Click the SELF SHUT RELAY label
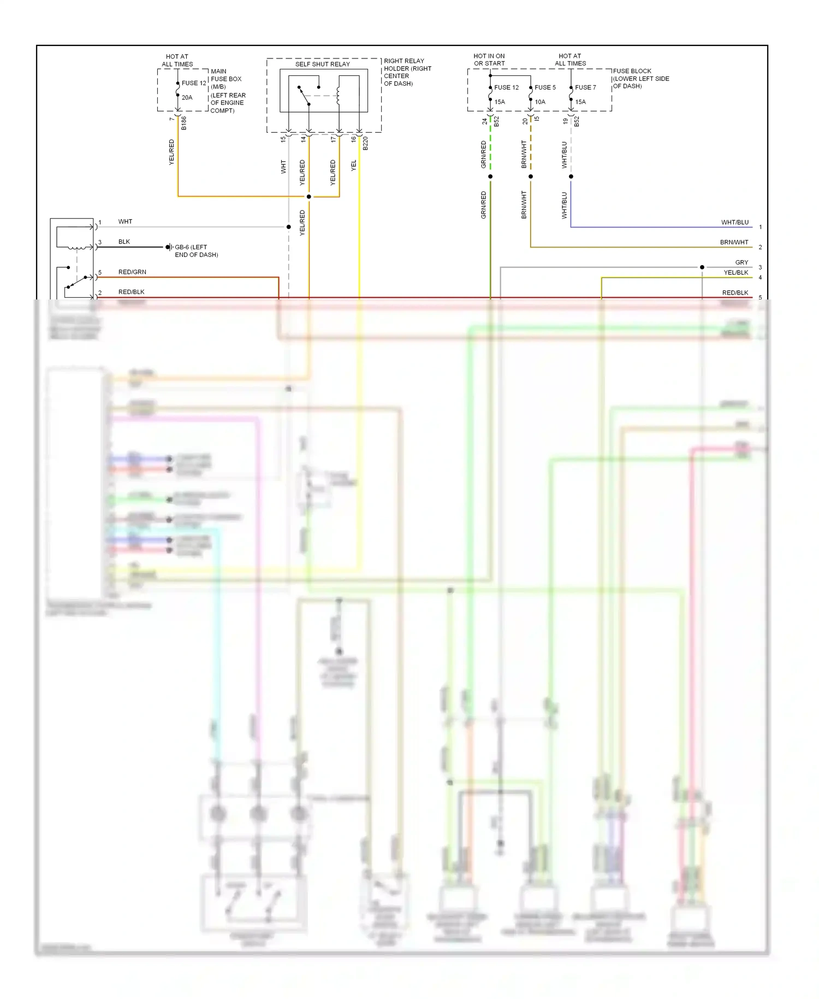pyautogui.click(x=322, y=64)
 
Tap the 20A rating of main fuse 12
pyautogui.click(x=187, y=98)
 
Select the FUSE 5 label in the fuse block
pyautogui.click(x=545, y=87)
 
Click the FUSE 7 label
pyautogui.click(x=585, y=87)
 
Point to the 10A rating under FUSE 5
pyautogui.click(x=539, y=102)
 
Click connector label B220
pyautogui.click(x=365, y=143)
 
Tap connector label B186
pyautogui.click(x=184, y=123)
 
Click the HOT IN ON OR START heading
pyautogui.click(x=489, y=60)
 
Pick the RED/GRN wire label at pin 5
pyautogui.click(x=132, y=272)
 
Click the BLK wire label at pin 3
pyautogui.click(x=124, y=242)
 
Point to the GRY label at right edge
pyautogui.click(x=741, y=262)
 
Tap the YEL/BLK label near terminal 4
pyautogui.click(x=735, y=273)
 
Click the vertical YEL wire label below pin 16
pyautogui.click(x=354, y=165)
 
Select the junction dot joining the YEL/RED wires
pyautogui.click(x=309, y=197)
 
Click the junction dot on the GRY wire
pyautogui.click(x=702, y=267)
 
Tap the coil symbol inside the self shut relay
pyautogui.click(x=339, y=95)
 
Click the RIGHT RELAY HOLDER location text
pyautogui.click(x=407, y=72)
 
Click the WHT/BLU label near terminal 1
pyautogui.click(x=734, y=222)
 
